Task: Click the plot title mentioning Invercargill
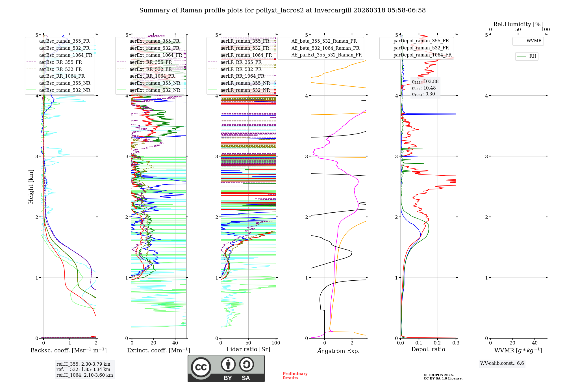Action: pos(282,10)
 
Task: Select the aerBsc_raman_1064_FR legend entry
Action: pos(66,55)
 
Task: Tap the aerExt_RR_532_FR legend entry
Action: pos(150,69)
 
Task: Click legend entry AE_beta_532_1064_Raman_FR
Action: pos(325,48)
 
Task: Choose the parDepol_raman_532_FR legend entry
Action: pos(421,48)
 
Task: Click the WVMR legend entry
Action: pos(534,41)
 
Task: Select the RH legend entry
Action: pos(533,56)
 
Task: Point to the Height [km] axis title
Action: pos(31,187)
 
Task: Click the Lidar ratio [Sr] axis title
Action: pos(248,349)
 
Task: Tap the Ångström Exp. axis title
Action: pos(338,351)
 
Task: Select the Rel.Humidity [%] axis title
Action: pos(518,24)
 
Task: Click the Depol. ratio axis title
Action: pos(428,349)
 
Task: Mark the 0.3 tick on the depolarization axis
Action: pos(456,343)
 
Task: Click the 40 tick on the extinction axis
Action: pos(175,343)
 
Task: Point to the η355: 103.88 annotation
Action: pos(425,82)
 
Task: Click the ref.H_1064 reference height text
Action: pos(84,375)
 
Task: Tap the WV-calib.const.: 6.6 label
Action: pos(502,363)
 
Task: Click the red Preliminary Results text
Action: pos(295,376)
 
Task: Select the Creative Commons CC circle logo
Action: pos(201,367)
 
